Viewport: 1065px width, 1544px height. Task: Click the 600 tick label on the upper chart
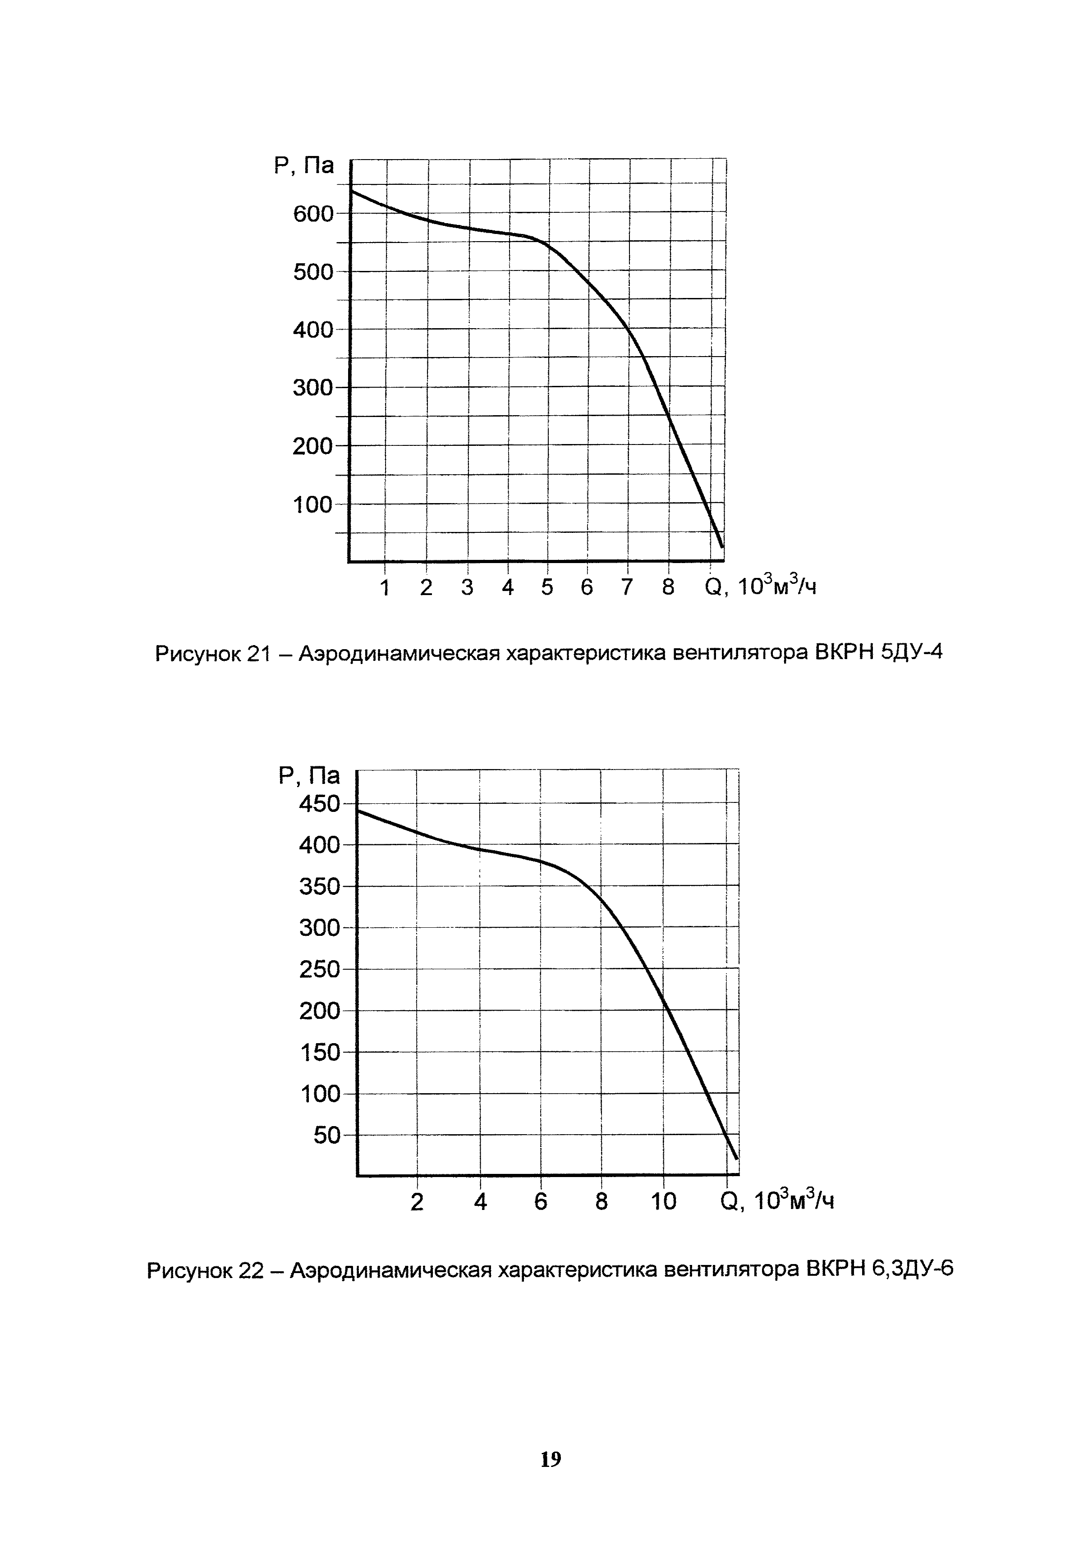point(312,214)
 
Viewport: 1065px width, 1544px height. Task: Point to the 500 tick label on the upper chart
point(312,272)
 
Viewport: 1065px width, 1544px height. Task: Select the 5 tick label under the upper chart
point(547,587)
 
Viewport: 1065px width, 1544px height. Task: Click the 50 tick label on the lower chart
point(327,1135)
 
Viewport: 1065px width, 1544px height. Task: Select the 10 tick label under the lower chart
point(663,1202)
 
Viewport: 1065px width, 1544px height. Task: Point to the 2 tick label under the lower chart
point(417,1202)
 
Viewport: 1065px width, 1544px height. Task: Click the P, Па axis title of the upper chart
point(303,165)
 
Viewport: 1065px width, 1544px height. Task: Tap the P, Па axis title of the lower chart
point(309,775)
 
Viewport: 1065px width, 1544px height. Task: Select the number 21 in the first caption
point(257,653)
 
